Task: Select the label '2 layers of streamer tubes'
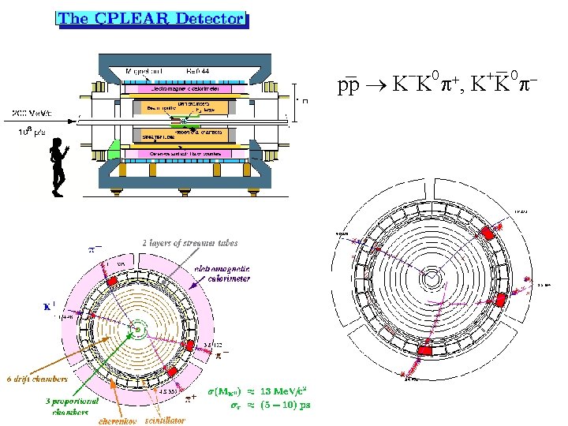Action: (x=189, y=242)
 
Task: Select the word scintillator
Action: (x=165, y=420)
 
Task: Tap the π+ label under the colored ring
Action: (x=190, y=398)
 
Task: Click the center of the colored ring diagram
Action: (x=138, y=328)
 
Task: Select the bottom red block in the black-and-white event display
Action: (x=425, y=349)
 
